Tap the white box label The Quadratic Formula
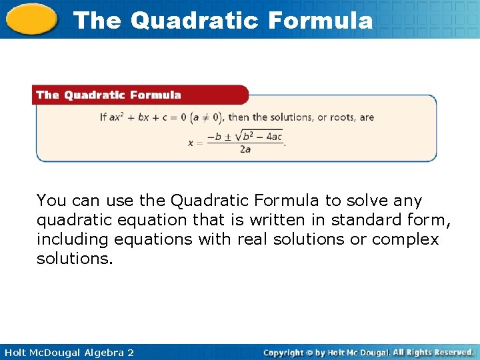pyautogui.click(x=109, y=95)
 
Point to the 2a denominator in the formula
pyautogui.click(x=245, y=149)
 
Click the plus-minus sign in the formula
pyautogui.click(x=228, y=137)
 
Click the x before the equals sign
pyautogui.click(x=191, y=142)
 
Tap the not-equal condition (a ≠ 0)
pyautogui.click(x=206, y=117)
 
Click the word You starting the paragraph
pyautogui.click(x=51, y=201)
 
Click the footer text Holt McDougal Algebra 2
pyautogui.click(x=67, y=352)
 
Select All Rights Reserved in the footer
pyautogui.click(x=433, y=352)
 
